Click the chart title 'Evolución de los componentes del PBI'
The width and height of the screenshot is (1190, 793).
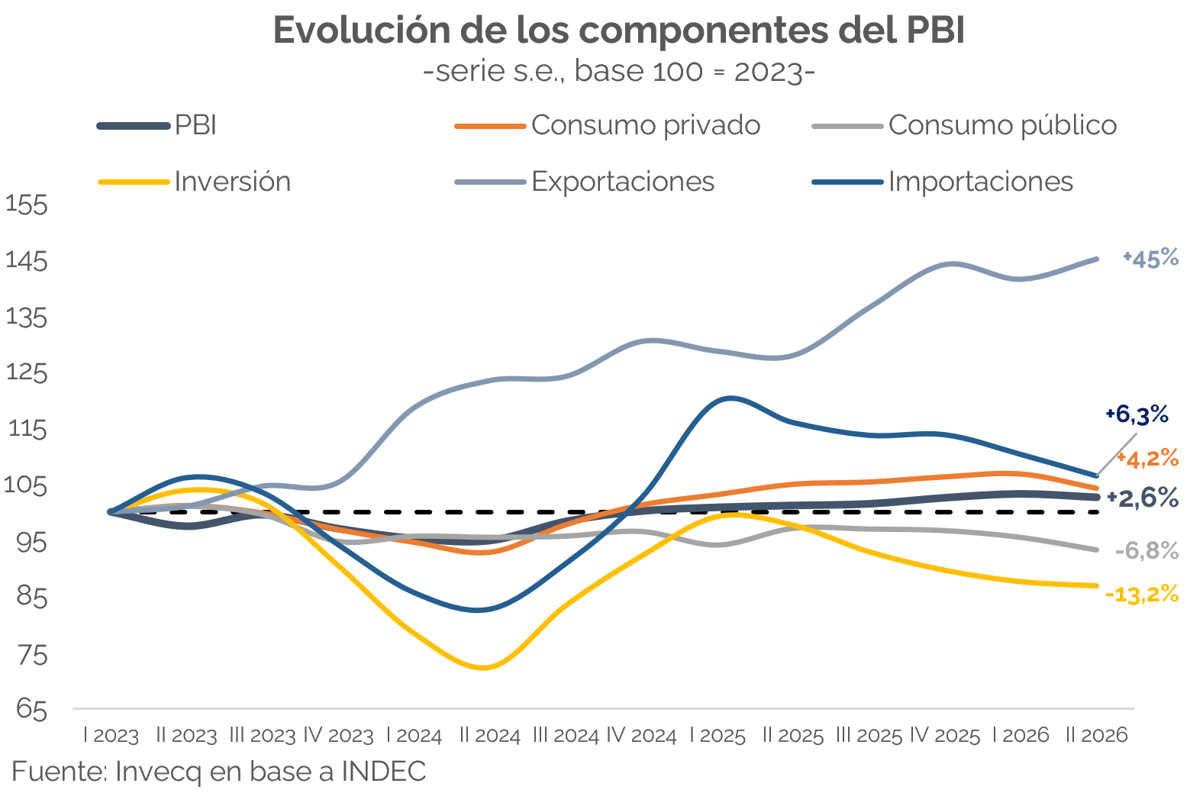click(x=618, y=31)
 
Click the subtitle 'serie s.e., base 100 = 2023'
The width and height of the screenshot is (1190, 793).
click(x=620, y=71)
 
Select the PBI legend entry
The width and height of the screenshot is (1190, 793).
click(x=157, y=126)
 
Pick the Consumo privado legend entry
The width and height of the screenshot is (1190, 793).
click(x=608, y=126)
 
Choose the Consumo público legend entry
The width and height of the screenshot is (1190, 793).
click(x=965, y=126)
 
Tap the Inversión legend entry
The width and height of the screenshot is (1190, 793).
click(x=195, y=182)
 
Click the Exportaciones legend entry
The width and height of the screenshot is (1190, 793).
click(x=585, y=182)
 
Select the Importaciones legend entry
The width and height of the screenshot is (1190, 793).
click(x=943, y=182)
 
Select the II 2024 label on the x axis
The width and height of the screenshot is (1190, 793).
click(x=490, y=736)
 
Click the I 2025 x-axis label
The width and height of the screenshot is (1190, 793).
click(x=718, y=736)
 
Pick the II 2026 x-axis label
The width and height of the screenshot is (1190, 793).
click(x=1097, y=736)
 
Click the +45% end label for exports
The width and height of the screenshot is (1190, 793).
click(x=1150, y=259)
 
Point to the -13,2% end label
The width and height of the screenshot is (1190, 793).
click(x=1142, y=594)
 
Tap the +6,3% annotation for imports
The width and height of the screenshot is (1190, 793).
click(x=1137, y=414)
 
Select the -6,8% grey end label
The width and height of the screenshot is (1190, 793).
click(x=1147, y=551)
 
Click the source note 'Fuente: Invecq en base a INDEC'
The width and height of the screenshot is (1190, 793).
click(x=219, y=771)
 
